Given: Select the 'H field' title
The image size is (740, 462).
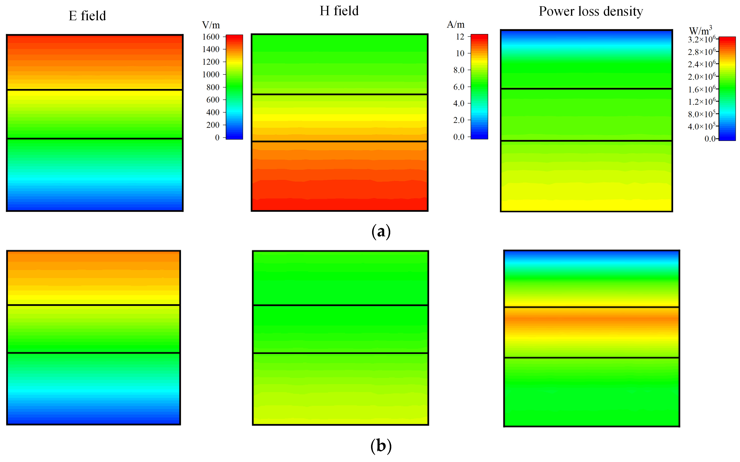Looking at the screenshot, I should pyautogui.click(x=339, y=11).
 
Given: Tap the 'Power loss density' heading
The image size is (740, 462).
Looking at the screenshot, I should pyautogui.click(x=591, y=12).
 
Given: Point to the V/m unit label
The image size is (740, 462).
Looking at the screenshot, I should pyautogui.click(x=211, y=25).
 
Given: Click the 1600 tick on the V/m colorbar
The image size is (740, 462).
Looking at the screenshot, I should pyautogui.click(x=211, y=37).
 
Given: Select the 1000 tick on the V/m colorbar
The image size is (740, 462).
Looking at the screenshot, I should pyautogui.click(x=211, y=74).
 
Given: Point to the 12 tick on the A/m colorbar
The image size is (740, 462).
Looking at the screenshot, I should pyautogui.click(x=460, y=37).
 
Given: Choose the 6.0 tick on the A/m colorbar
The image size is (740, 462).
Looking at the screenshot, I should pyautogui.click(x=458, y=87).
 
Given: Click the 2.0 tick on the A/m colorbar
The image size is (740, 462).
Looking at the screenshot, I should pyautogui.click(x=458, y=120).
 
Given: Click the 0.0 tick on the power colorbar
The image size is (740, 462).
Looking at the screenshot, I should pyautogui.click(x=710, y=139).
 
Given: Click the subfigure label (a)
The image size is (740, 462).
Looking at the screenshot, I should pyautogui.click(x=381, y=232).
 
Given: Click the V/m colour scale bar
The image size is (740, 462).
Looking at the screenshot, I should pyautogui.click(x=234, y=87).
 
